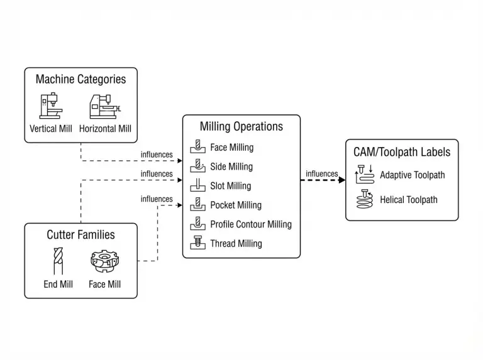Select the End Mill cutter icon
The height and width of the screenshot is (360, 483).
(58, 261)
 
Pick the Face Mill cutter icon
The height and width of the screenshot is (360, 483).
(104, 261)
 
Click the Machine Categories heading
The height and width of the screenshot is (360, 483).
(80, 79)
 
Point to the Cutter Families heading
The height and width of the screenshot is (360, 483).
(80, 235)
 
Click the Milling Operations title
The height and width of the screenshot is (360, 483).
(241, 126)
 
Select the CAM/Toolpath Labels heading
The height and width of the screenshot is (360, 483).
(402, 151)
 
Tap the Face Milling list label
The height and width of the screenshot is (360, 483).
(231, 148)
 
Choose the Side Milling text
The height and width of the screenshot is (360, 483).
(231, 166)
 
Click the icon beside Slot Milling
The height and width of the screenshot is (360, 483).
(197, 186)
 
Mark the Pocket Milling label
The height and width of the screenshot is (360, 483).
(236, 205)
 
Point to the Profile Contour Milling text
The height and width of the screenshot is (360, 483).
(250, 224)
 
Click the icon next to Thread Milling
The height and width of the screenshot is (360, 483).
(197, 243)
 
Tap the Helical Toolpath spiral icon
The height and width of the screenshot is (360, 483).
(364, 200)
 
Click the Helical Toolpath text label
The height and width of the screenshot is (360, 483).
(408, 200)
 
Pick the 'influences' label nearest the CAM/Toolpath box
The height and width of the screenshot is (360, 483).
(321, 174)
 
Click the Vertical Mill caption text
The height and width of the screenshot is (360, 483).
(52, 129)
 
